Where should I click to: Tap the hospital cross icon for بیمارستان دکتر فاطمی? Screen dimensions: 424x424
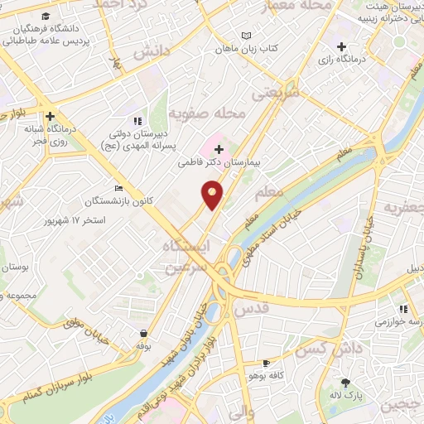coord(219,149)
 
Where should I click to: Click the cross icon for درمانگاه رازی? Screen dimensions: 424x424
coord(341,46)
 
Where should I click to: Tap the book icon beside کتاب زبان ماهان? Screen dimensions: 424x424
coord(244,35)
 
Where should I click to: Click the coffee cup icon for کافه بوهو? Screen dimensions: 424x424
coord(266,363)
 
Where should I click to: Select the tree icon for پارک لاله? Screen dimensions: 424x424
coord(345,383)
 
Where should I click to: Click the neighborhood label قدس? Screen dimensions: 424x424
coord(253,307)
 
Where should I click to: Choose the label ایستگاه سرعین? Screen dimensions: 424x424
coord(181,258)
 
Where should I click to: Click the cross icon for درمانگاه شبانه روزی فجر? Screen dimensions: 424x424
coord(51,117)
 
